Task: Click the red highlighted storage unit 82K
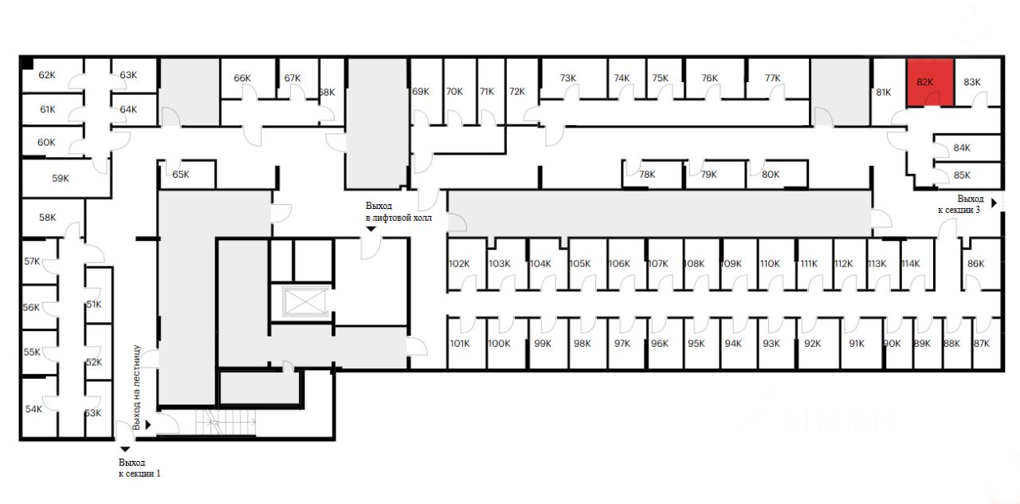tap(930, 83)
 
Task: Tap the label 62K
tap(47, 75)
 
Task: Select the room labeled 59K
tap(61, 179)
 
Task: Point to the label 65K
tap(181, 174)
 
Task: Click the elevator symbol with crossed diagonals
tap(301, 302)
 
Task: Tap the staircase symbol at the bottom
tap(225, 420)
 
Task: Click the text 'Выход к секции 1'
tap(140, 467)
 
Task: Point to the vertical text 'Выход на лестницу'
tap(137, 388)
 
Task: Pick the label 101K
tap(459, 344)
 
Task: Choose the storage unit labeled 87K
tap(981, 344)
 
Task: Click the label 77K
tap(772, 78)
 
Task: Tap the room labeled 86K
tap(975, 264)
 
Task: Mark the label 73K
tap(568, 78)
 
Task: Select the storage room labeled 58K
tap(48, 217)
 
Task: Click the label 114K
tap(910, 264)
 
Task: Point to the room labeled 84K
tap(962, 148)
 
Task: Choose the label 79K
tap(708, 174)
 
